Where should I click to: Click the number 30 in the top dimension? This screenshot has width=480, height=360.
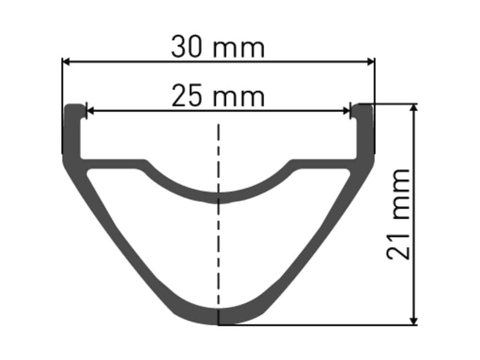(x=186, y=47)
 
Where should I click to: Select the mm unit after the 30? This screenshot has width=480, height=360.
(x=239, y=49)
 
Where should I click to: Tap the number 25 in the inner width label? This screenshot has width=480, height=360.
(x=186, y=96)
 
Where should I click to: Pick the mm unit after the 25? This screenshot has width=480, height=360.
(x=239, y=98)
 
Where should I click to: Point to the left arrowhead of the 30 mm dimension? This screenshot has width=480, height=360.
(x=66, y=61)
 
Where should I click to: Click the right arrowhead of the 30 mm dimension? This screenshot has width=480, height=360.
(x=371, y=61)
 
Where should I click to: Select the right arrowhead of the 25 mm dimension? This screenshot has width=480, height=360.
(x=346, y=111)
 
